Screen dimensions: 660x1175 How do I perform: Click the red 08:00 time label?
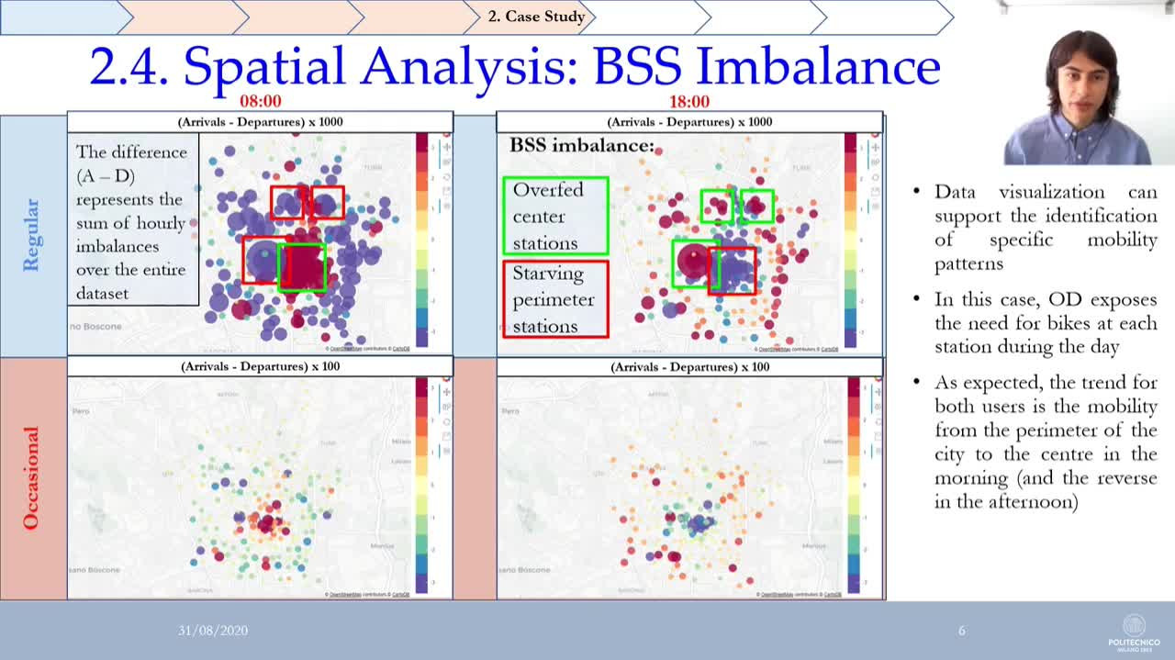pyautogui.click(x=260, y=101)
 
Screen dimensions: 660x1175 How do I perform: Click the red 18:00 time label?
pyautogui.click(x=689, y=101)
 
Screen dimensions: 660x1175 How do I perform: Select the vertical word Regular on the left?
pyautogui.click(x=31, y=235)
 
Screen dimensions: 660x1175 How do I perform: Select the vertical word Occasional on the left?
pyautogui.click(x=31, y=477)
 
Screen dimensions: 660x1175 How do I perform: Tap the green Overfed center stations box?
pyautogui.click(x=555, y=216)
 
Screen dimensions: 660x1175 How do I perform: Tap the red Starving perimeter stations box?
pyautogui.click(x=555, y=299)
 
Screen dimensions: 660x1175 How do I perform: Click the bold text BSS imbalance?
pyautogui.click(x=582, y=145)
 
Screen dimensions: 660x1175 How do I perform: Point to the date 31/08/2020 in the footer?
pyautogui.click(x=213, y=631)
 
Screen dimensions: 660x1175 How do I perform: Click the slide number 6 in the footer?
pyautogui.click(x=962, y=631)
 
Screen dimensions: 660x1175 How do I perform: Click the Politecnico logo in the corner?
pyautogui.click(x=1134, y=631)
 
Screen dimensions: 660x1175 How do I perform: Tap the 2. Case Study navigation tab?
pyautogui.click(x=536, y=17)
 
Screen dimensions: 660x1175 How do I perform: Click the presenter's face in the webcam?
pyautogui.click(x=1081, y=83)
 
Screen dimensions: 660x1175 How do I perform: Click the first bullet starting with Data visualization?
pyautogui.click(x=1045, y=228)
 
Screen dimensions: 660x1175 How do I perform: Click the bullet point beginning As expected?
pyautogui.click(x=1045, y=442)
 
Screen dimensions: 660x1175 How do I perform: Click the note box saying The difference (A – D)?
pyautogui.click(x=132, y=222)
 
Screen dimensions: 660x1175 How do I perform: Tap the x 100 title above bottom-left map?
pyautogui.click(x=260, y=366)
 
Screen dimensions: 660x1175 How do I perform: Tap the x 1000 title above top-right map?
pyautogui.click(x=689, y=121)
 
